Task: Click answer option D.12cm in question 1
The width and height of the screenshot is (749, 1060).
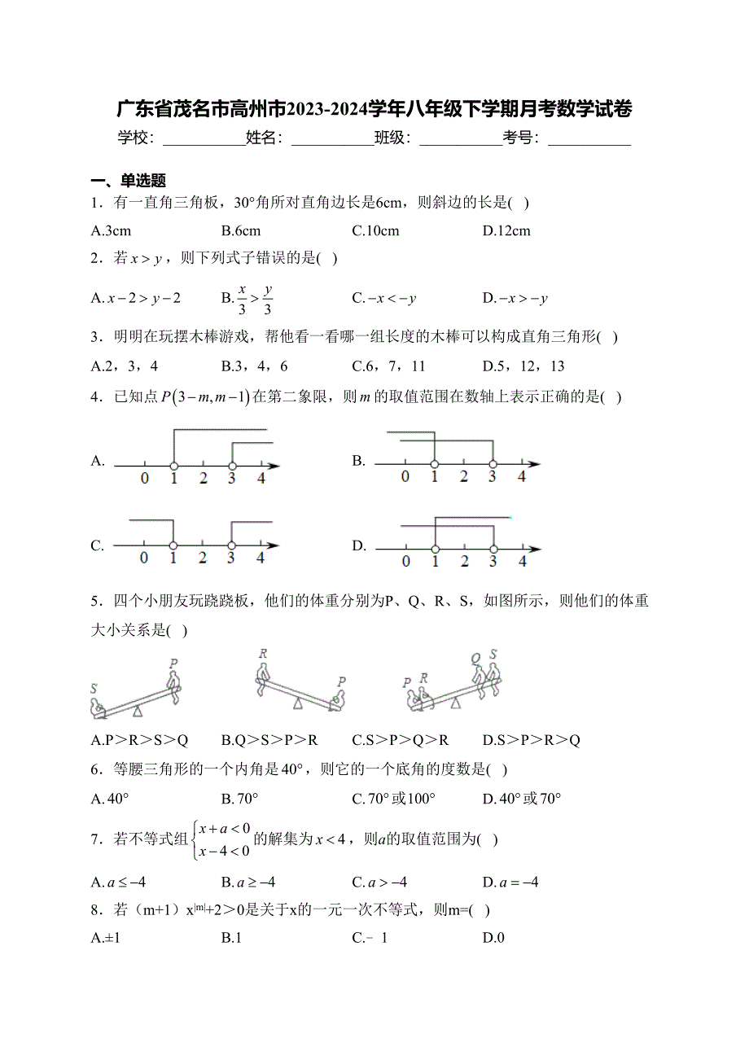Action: pyautogui.click(x=506, y=230)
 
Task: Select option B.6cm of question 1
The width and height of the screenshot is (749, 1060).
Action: pyautogui.click(x=241, y=230)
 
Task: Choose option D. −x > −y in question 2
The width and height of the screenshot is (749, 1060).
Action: pyautogui.click(x=515, y=299)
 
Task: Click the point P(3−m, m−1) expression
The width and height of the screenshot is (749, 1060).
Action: pyautogui.click(x=205, y=397)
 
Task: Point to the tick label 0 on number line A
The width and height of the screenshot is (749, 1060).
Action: pyautogui.click(x=145, y=479)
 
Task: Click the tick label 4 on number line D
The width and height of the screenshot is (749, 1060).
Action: pyautogui.click(x=522, y=561)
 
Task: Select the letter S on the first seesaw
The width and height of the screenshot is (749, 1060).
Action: pyautogui.click(x=94, y=689)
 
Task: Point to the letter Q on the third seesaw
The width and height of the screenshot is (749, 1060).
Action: pyautogui.click(x=475, y=659)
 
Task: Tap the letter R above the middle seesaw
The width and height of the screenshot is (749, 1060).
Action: pyautogui.click(x=263, y=654)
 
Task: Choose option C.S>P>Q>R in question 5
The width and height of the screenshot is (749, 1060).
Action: pyautogui.click(x=401, y=740)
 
